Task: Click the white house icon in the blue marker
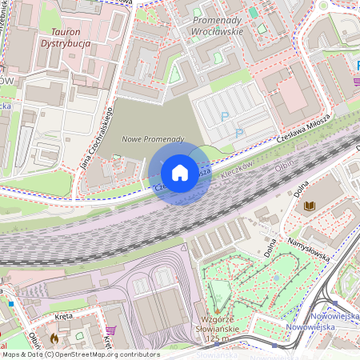click(x=180, y=173)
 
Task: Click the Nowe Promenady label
click(x=152, y=139)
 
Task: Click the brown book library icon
click(x=309, y=207)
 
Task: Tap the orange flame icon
click(x=54, y=338)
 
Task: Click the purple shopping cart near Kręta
click(x=110, y=330)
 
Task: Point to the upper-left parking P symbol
click(x=224, y=117)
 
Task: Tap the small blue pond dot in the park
click(x=276, y=280)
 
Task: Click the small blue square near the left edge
click(x=11, y=303)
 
